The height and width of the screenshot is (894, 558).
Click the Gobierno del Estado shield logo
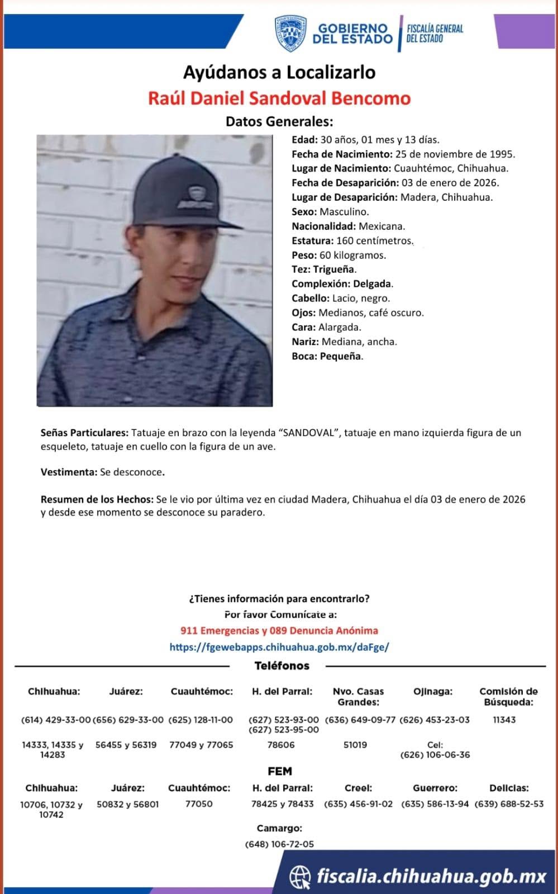(x=290, y=33)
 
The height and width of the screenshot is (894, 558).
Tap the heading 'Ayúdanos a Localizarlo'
(x=279, y=72)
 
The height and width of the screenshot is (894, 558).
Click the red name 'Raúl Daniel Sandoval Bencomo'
(x=279, y=98)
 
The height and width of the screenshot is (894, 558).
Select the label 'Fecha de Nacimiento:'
(x=342, y=154)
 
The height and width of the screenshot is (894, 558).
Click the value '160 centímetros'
(x=374, y=241)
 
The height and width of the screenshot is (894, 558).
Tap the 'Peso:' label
(x=304, y=256)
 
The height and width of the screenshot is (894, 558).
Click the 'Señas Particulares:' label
(x=84, y=433)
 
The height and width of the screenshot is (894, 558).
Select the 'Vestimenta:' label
(x=69, y=472)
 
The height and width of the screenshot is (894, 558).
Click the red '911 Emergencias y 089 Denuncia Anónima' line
(x=279, y=631)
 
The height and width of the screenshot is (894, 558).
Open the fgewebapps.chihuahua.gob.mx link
(x=279, y=647)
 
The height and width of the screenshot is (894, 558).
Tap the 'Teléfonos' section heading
(x=282, y=666)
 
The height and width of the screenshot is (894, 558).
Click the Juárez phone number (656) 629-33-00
(x=128, y=720)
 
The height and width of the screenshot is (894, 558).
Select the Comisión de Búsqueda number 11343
(x=504, y=720)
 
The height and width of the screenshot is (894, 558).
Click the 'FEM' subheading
(x=280, y=772)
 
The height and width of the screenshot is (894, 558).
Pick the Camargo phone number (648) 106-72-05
(x=279, y=844)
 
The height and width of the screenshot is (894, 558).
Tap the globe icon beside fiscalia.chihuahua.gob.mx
(x=301, y=876)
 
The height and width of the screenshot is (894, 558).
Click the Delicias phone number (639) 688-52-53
(x=509, y=804)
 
